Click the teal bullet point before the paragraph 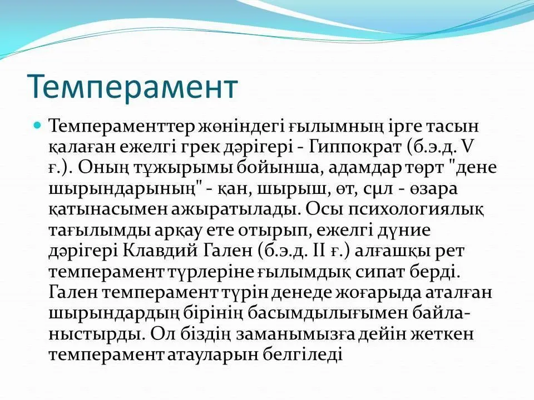pos(37,125)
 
